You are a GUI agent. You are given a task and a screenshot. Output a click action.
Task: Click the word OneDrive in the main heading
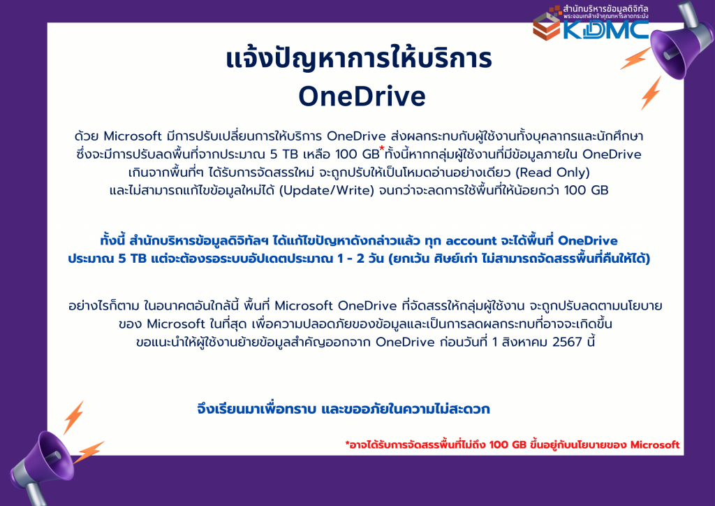[362, 96]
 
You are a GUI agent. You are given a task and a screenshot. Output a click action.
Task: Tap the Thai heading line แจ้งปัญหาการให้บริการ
[360, 59]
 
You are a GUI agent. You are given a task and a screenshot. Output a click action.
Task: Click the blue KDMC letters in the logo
[605, 29]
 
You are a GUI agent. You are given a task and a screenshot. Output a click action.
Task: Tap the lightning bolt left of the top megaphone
[635, 59]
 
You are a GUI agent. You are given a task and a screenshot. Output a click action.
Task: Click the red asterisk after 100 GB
[382, 148]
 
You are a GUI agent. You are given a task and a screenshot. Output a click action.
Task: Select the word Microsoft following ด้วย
[133, 136]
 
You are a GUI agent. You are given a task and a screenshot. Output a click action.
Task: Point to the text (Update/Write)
[326, 190]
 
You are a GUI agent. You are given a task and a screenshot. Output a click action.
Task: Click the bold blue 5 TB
[132, 259]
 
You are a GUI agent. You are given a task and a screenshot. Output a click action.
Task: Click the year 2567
[567, 342]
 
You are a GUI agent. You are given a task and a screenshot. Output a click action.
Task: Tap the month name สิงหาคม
[524, 342]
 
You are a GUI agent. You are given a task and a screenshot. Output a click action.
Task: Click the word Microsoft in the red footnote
[655, 445]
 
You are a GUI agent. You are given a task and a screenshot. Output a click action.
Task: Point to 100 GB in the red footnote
[508, 445]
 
